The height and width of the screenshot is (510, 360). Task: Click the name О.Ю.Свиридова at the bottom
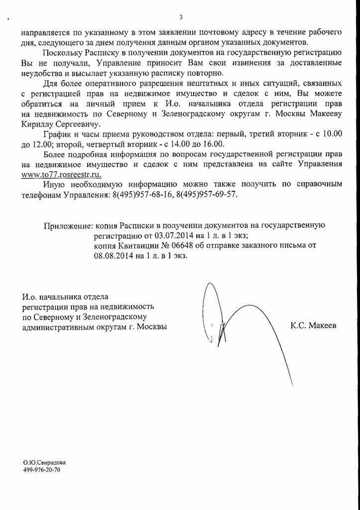[x=44, y=463]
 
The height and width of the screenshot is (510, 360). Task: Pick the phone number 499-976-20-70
[x=41, y=470]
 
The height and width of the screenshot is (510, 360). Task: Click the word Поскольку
[x=65, y=53]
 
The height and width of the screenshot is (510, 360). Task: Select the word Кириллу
[x=38, y=124]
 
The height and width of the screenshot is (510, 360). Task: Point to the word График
[x=57, y=134]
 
